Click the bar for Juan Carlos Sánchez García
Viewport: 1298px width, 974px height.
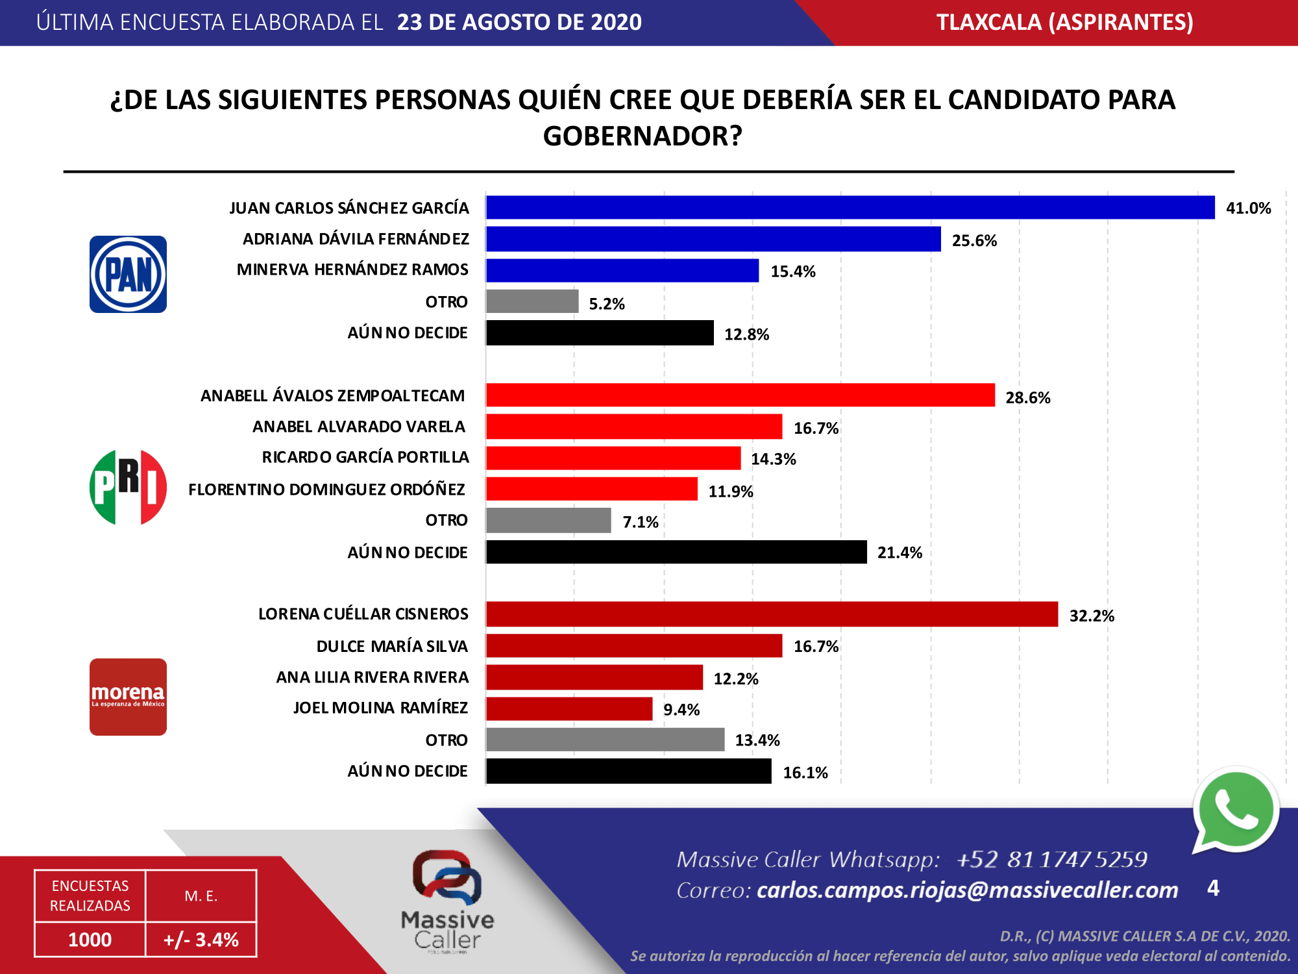[850, 208]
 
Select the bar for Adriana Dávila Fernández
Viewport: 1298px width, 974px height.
[713, 239]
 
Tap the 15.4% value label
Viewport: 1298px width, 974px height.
[792, 271]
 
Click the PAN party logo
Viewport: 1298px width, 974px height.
[128, 274]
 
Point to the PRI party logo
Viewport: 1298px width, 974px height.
[128, 487]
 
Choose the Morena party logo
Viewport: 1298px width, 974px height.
[128, 697]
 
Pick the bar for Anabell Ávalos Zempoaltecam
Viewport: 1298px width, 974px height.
[740, 395]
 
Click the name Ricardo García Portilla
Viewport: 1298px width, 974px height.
[365, 457]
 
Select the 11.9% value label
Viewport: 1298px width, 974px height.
[730, 492]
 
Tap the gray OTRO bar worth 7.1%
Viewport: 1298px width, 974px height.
[548, 520]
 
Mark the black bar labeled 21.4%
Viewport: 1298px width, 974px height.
[676, 552]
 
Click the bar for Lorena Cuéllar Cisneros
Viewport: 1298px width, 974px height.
[772, 614]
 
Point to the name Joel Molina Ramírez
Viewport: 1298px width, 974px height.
[380, 708]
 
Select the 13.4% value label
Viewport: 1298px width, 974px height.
[757, 740]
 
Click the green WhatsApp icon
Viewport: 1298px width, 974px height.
[1235, 810]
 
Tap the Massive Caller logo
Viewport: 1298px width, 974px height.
[447, 899]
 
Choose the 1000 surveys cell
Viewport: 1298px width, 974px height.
[90, 940]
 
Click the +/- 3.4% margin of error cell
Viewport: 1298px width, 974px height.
[201, 940]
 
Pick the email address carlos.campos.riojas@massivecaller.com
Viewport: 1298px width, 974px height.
[967, 890]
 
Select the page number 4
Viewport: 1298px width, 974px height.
[1213, 888]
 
